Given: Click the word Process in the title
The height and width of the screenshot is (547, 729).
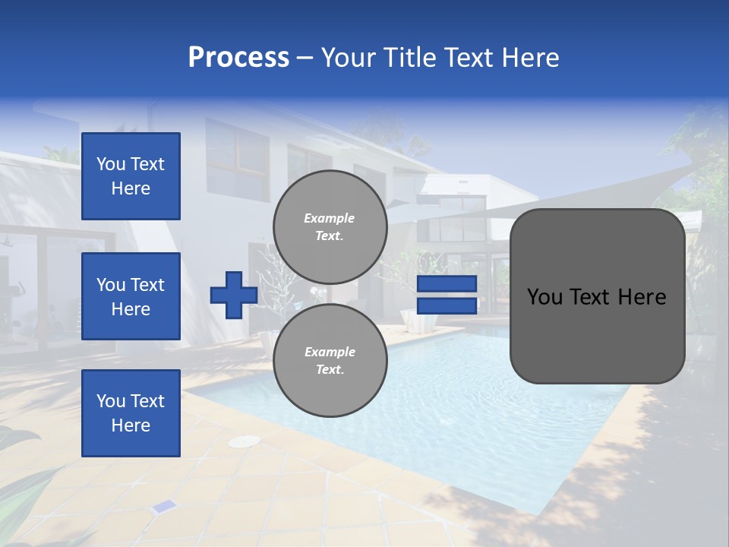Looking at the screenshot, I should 238,58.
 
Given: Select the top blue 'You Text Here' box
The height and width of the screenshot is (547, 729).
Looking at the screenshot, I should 131,176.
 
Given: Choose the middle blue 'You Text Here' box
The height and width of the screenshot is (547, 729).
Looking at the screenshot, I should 131,296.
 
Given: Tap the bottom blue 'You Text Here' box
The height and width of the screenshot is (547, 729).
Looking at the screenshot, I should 131,413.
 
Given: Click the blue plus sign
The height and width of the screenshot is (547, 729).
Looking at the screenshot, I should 234,295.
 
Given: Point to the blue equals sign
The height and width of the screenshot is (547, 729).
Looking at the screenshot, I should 447,295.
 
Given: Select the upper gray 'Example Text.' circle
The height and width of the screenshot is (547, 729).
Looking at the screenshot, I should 330,227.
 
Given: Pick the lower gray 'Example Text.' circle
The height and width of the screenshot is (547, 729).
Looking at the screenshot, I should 330,361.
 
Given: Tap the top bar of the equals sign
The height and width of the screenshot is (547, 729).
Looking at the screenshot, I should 447,284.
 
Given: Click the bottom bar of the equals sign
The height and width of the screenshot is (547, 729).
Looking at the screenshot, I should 447,305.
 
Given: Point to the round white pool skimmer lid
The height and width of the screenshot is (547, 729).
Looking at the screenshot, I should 245,441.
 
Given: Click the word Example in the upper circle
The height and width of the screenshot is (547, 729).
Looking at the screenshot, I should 330,219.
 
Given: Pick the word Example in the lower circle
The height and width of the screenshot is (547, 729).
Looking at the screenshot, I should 330,353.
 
